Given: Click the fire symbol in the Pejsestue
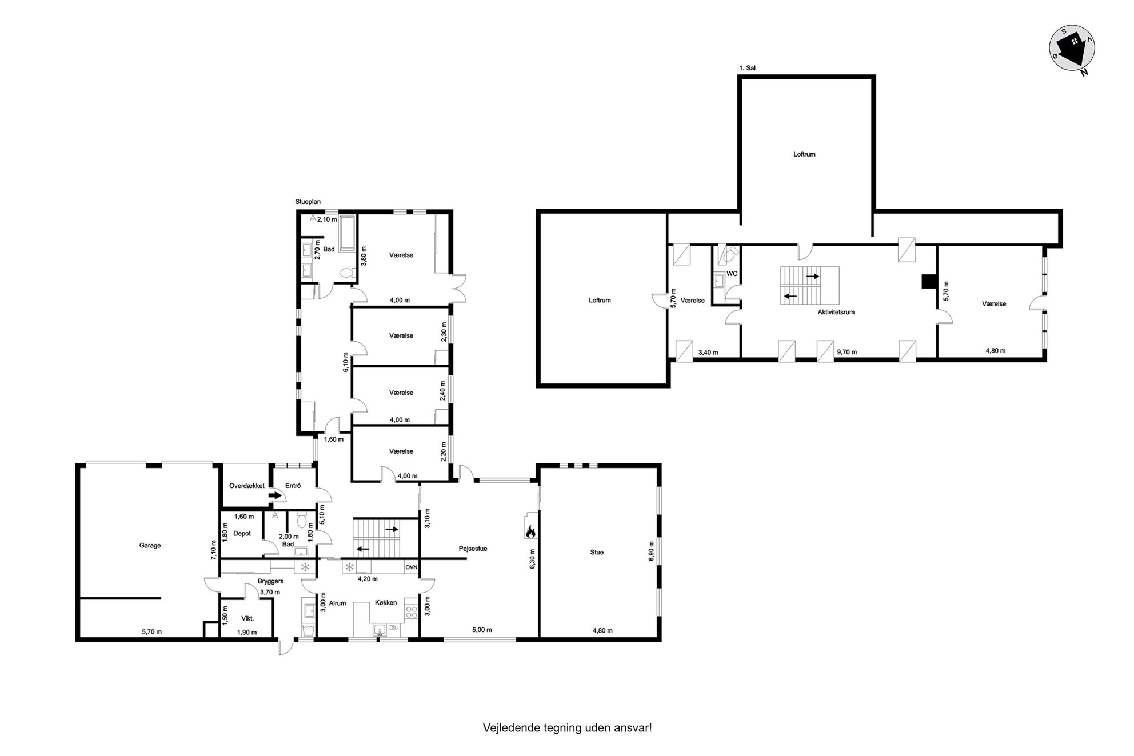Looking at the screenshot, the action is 529,531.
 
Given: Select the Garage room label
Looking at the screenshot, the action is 150,545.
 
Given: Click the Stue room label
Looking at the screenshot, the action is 597,552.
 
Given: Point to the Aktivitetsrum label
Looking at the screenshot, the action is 836,312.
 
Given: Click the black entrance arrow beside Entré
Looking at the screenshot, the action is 275,495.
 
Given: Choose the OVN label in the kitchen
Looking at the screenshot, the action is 412,567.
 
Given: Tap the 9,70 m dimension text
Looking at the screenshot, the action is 846,352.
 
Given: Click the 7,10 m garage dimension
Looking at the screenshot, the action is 214,549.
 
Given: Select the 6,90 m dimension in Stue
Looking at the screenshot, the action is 651,551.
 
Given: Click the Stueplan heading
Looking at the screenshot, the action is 308,202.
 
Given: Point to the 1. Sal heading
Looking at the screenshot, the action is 748,68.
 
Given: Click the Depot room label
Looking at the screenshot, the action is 242,534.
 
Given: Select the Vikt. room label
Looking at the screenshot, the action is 247,618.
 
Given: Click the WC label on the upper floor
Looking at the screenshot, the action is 732,274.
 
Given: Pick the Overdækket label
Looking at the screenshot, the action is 247,486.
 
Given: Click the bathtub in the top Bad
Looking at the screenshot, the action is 348,233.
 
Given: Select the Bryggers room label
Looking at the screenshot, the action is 270,581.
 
